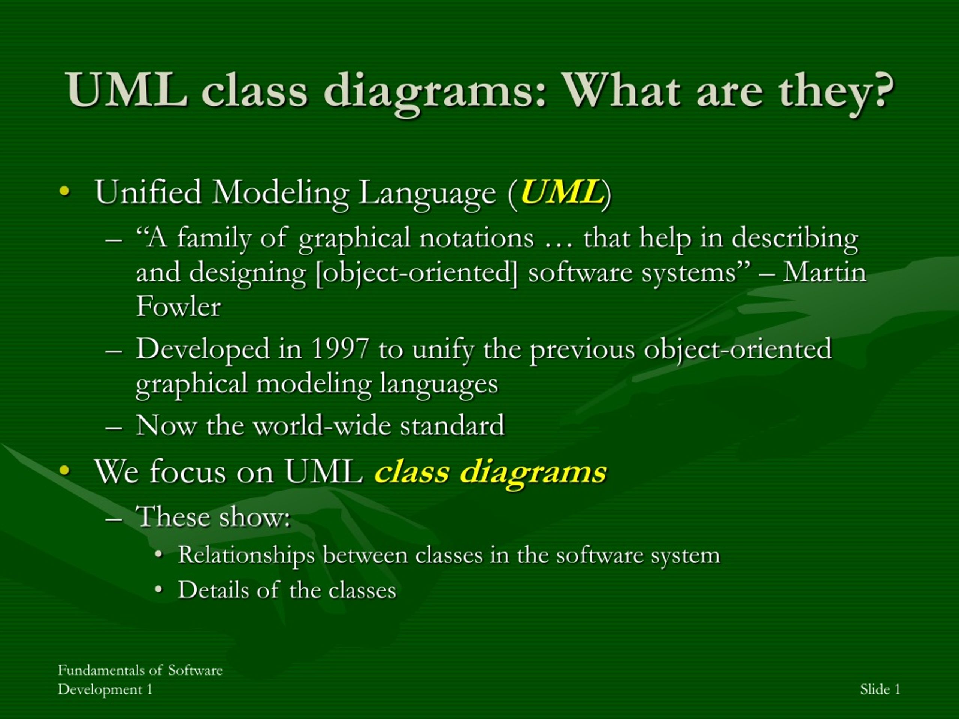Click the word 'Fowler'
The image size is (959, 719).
point(179,306)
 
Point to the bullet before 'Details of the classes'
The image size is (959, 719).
point(159,590)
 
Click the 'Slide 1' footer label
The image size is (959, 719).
point(880,689)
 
